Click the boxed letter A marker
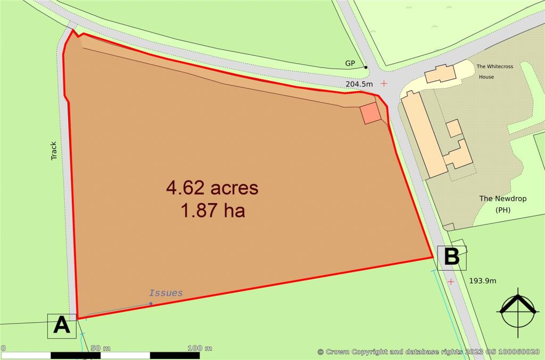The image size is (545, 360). (x=62, y=325)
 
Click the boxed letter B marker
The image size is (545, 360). (x=451, y=257)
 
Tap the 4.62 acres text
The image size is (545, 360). (x=212, y=188)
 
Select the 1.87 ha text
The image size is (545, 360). (x=212, y=211)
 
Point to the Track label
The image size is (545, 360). (x=54, y=150)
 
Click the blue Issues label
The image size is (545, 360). (x=166, y=293)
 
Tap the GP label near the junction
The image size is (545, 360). (x=350, y=63)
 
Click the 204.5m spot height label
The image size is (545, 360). (x=360, y=84)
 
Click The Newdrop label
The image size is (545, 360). (x=502, y=198)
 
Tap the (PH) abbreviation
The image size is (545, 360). (x=503, y=210)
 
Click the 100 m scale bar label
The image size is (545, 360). (x=200, y=348)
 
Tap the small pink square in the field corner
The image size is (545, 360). (x=370, y=114)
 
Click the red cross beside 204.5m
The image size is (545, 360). (x=384, y=83)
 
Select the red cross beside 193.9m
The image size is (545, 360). (x=451, y=281)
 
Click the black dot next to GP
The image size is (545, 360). (x=366, y=67)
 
